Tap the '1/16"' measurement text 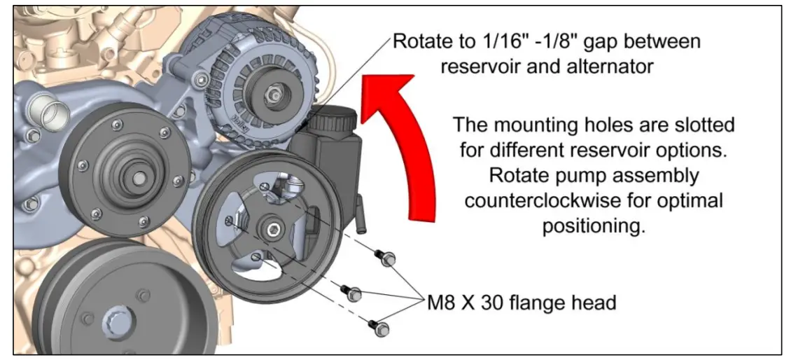tap(494, 42)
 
